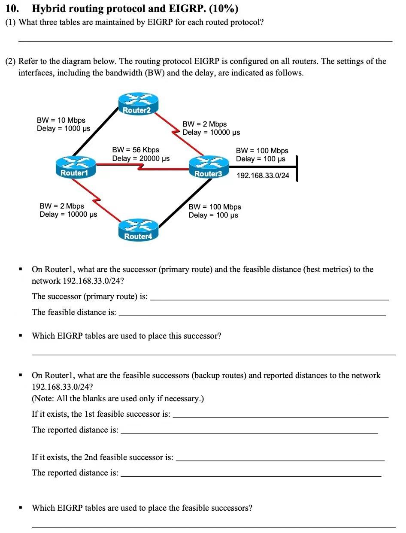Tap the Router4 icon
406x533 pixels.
138,230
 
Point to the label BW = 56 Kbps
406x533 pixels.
136,150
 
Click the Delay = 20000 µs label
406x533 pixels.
141,158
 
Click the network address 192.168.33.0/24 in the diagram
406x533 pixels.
263,176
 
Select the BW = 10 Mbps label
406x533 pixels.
61,120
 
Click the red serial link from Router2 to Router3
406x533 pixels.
178,131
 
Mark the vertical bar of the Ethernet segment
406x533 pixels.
297,168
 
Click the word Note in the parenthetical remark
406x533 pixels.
44,399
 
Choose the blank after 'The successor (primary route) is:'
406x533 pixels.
270,300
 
